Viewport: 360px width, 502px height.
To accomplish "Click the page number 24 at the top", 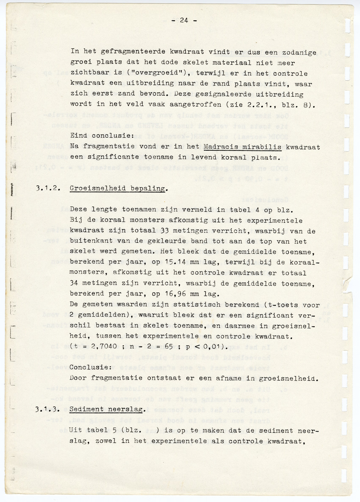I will coord(183,20).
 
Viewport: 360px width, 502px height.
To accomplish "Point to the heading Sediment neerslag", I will coord(107,409).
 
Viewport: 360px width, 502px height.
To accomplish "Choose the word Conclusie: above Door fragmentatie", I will coord(89,367).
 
